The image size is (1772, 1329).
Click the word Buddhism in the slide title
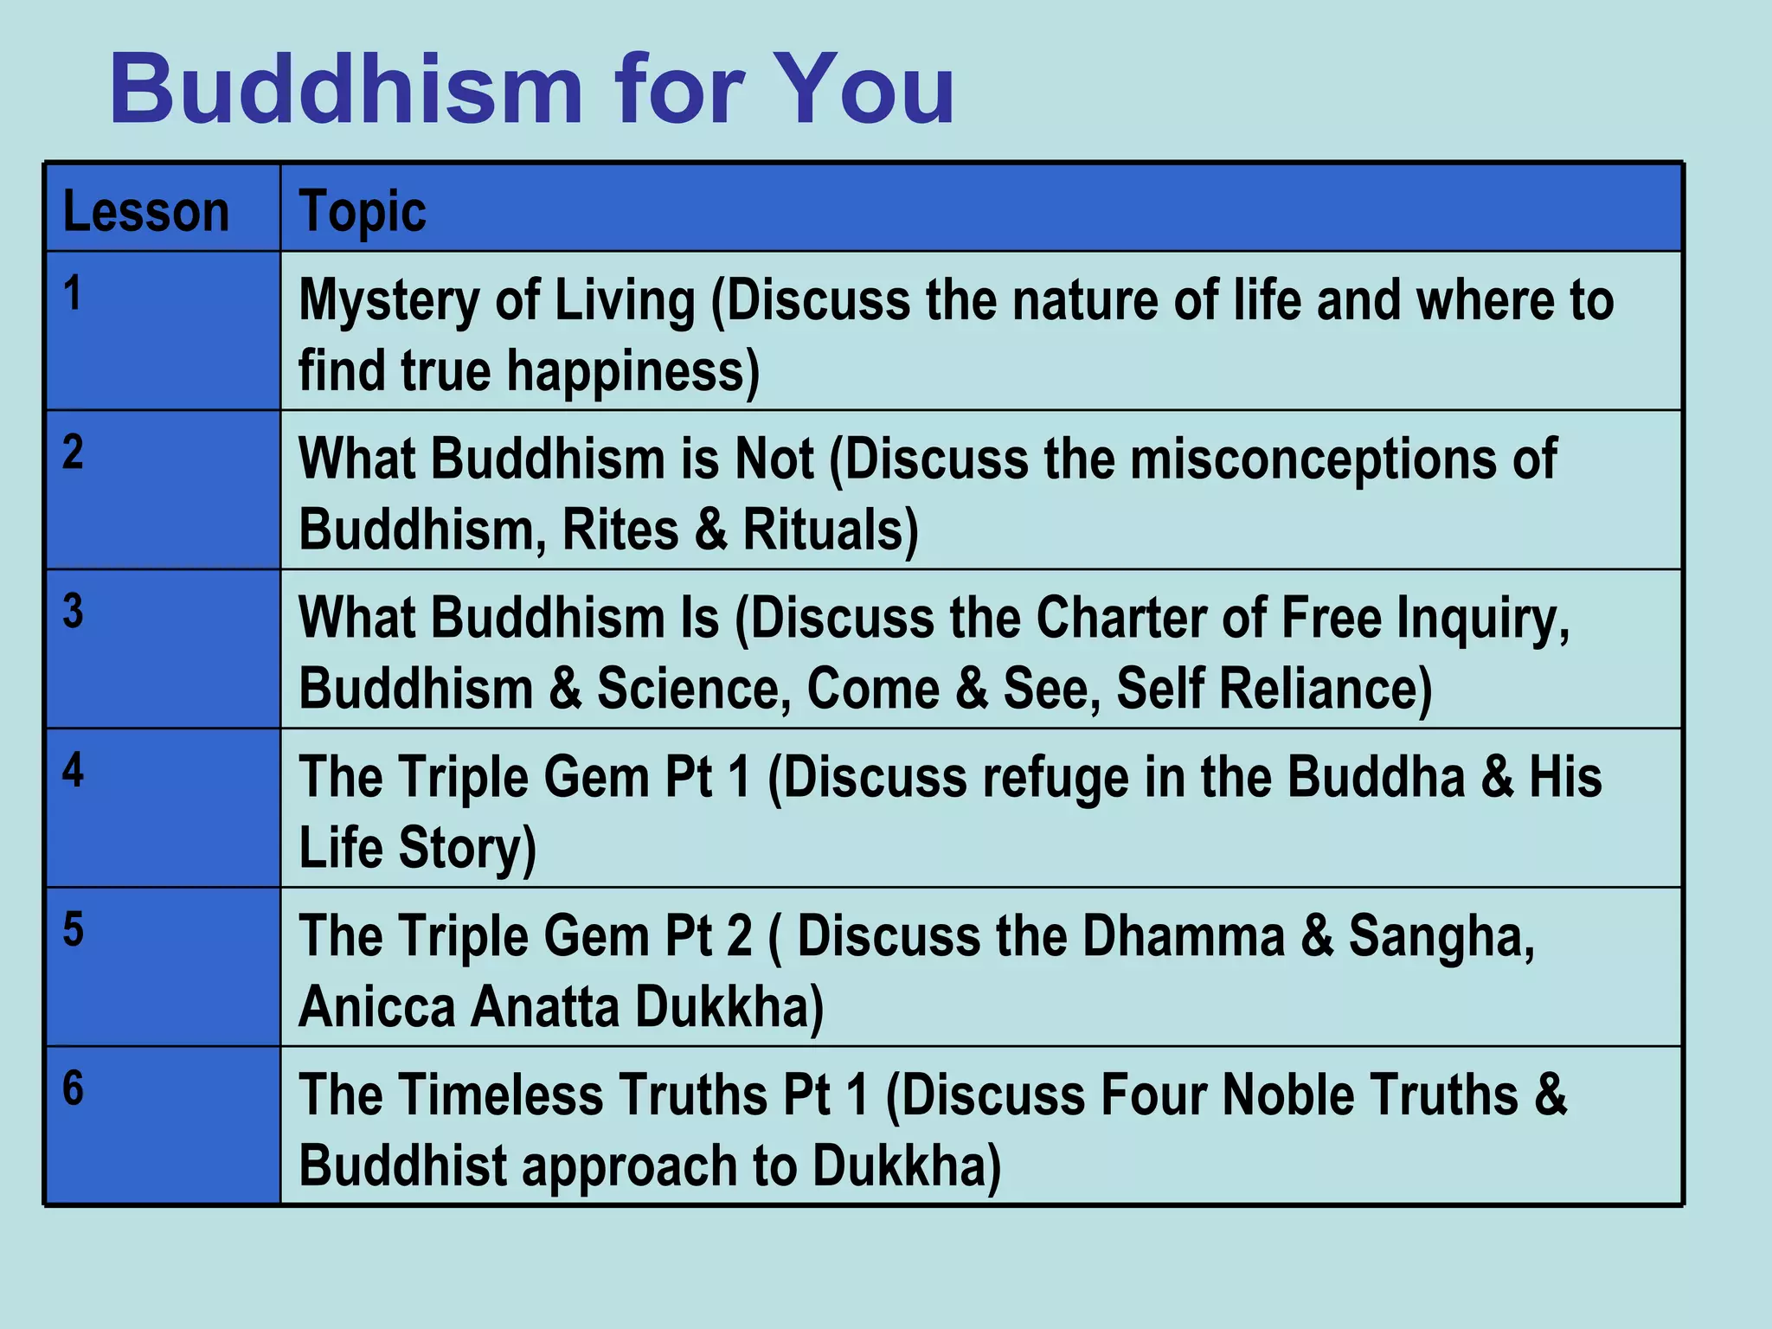point(346,90)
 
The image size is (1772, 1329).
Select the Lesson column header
point(145,211)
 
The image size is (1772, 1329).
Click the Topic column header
point(362,211)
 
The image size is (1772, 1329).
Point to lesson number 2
point(73,452)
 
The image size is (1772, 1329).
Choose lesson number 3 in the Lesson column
point(73,611)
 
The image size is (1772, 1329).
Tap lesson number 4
point(73,770)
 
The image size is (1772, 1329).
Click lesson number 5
point(73,929)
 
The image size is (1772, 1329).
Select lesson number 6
point(73,1088)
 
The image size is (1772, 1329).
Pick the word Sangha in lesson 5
point(1441,936)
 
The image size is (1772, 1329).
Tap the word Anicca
point(376,1007)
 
